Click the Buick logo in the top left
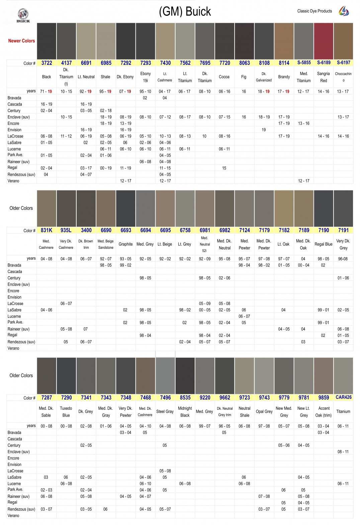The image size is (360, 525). [23, 15]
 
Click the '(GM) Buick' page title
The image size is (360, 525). [185, 12]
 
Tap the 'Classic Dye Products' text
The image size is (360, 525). [314, 11]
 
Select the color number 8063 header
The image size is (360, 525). [244, 63]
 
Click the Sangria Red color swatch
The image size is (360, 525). [324, 41]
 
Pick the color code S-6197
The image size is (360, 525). [343, 63]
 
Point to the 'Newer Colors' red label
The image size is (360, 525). [21, 41]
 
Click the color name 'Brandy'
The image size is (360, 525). [284, 77]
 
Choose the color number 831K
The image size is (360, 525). [47, 230]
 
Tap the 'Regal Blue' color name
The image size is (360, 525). [323, 244]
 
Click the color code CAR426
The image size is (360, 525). [343, 397]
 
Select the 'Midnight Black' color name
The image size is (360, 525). [185, 411]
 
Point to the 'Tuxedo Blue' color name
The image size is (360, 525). [66, 411]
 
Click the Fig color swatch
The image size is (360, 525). [244, 41]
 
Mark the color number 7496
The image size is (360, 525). [165, 398]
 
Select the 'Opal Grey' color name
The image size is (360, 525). [264, 411]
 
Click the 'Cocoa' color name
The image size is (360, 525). [224, 77]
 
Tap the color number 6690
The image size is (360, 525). [106, 230]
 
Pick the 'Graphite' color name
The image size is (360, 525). [125, 244]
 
